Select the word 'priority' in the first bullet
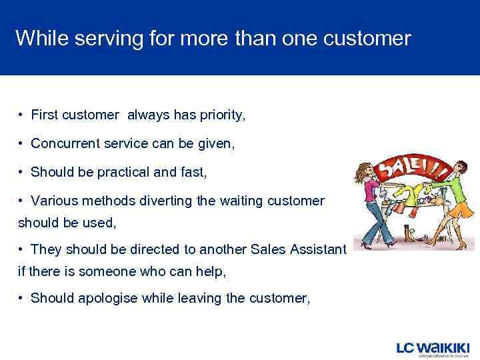point(220,116)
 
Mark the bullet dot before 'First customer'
point(22,116)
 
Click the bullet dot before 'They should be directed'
point(22,249)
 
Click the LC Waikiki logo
point(433,349)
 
